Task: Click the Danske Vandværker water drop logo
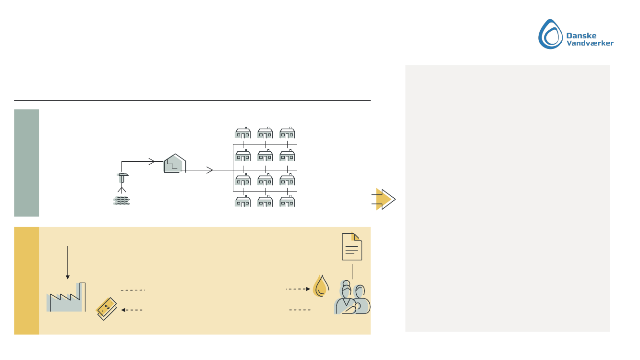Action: pos(551,34)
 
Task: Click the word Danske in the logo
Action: pos(582,35)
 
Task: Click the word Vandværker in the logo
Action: pos(590,43)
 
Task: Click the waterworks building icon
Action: pos(174,164)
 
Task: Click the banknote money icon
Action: pos(107,308)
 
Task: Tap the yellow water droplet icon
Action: pos(321,286)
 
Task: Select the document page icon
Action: pos(352,247)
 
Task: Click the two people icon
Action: pos(353,299)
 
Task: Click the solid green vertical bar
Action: pos(26,163)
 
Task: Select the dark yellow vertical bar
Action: pos(26,281)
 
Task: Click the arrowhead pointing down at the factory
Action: pos(68,277)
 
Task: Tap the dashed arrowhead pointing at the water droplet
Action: pos(308,289)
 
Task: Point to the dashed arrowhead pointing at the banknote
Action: pos(123,310)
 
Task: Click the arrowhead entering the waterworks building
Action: pos(152,161)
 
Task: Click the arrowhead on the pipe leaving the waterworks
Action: pos(209,170)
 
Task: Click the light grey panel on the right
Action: pos(507,198)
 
